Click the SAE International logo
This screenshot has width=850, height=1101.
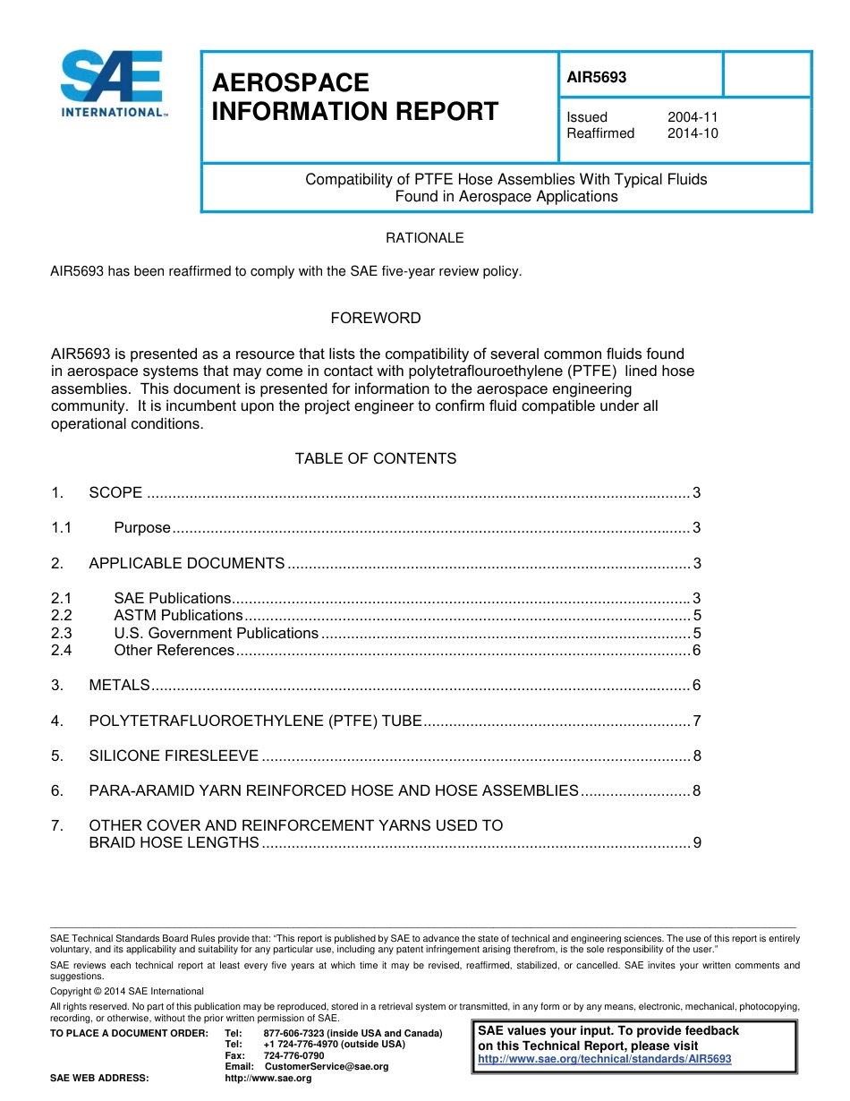(112, 84)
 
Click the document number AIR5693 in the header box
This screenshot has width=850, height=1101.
(597, 77)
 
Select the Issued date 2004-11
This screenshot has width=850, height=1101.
(693, 117)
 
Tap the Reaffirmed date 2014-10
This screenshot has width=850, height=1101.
(693, 133)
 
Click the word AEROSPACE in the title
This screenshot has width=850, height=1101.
(290, 83)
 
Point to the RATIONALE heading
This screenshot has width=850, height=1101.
(424, 238)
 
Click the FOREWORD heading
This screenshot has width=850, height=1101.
(375, 318)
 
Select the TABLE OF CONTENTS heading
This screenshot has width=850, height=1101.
(375, 458)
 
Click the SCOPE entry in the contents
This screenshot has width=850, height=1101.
(115, 492)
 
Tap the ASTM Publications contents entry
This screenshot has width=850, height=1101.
(178, 616)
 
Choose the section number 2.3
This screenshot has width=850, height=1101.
(61, 633)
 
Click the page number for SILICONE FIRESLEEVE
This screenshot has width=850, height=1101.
(696, 756)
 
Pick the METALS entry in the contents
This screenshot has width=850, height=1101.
(119, 686)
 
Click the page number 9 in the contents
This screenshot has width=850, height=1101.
(696, 843)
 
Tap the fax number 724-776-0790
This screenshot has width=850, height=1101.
(293, 1055)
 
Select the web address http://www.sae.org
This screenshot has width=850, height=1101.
(268, 1079)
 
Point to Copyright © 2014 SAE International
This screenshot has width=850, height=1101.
(127, 992)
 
